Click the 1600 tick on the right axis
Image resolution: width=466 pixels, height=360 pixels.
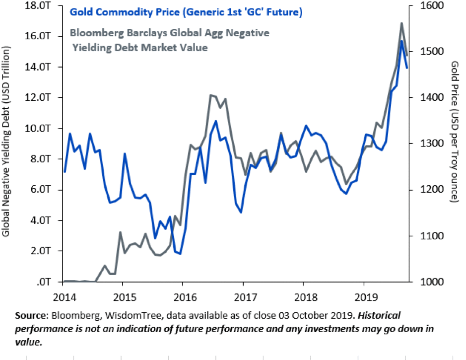[421, 5]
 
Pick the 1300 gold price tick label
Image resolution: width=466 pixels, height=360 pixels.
[421, 144]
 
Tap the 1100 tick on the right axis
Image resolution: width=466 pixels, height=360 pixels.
[421, 236]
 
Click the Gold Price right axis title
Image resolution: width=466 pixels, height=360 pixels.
[453, 132]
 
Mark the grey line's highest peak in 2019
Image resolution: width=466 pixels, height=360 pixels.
[401, 23]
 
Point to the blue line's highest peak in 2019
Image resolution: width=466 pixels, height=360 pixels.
[401, 41]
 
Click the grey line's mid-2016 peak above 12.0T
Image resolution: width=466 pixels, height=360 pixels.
[211, 95]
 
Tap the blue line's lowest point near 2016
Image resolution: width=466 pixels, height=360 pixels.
[180, 254]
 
